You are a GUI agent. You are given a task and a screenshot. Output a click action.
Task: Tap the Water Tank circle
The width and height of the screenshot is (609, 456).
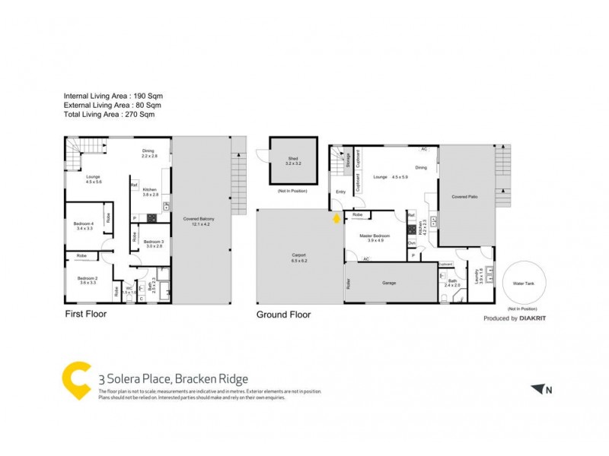point(525,283)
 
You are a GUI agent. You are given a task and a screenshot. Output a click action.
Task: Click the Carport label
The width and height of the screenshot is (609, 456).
point(298,256)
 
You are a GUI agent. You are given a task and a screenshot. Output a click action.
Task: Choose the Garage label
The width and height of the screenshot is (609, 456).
point(390,283)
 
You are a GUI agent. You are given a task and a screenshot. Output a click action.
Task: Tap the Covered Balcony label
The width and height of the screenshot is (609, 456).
point(199,219)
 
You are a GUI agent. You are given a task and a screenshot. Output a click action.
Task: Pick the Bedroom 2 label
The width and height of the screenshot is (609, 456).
point(88,279)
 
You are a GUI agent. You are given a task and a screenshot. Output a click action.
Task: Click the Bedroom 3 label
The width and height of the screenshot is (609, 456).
point(155,242)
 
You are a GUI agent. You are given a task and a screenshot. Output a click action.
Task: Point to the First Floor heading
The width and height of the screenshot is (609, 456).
point(85,314)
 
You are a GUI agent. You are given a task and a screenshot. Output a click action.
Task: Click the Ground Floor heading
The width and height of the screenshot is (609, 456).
point(283,314)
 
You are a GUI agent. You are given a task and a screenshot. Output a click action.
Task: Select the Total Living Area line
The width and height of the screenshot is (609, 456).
point(110,115)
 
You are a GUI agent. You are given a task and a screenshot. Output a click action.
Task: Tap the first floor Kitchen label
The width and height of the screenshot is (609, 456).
point(150,192)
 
